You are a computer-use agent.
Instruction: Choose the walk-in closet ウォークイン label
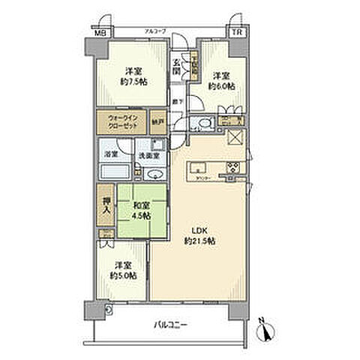(121, 121)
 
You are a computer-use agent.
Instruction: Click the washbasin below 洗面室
(154, 172)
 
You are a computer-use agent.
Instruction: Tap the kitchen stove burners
(232, 167)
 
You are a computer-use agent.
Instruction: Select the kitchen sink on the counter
(198, 166)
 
